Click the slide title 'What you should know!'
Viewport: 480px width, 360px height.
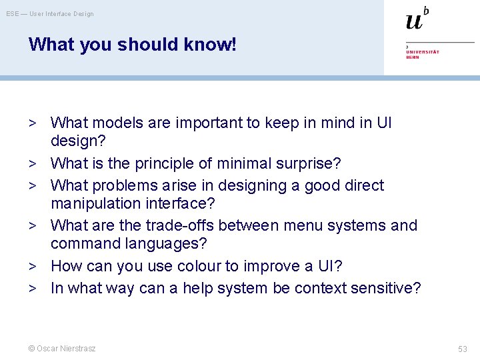click(x=132, y=45)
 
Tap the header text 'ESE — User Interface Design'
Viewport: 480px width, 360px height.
click(x=50, y=14)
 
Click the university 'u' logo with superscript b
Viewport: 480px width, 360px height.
click(x=417, y=19)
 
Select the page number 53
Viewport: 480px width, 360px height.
click(x=463, y=349)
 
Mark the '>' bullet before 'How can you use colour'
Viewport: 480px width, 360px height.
click(x=31, y=266)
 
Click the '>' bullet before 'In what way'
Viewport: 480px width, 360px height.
click(x=31, y=288)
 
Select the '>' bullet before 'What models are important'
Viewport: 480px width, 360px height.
click(x=31, y=123)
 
